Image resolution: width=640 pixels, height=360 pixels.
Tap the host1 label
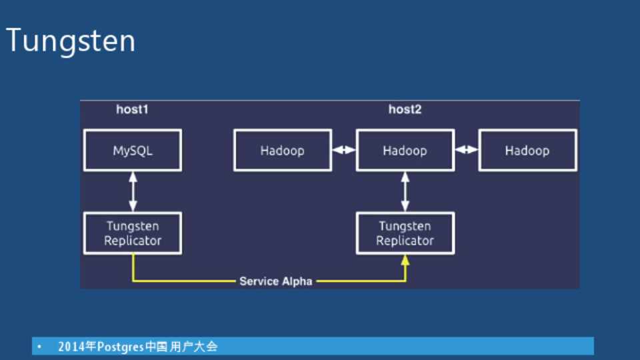(x=132, y=109)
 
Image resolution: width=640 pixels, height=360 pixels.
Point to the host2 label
(x=405, y=109)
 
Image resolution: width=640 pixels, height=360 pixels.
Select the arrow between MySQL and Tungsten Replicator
(x=133, y=191)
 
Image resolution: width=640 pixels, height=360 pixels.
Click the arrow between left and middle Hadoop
(x=344, y=150)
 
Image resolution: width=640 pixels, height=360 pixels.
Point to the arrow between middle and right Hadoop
(x=467, y=150)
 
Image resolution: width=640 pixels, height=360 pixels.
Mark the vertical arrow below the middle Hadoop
(x=405, y=191)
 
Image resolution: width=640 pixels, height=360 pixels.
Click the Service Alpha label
(x=276, y=281)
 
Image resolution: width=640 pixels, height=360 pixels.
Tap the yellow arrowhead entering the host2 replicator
(x=405, y=260)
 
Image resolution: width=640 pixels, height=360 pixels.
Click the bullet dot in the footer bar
(x=39, y=347)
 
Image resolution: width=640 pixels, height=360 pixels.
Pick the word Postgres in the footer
(x=121, y=347)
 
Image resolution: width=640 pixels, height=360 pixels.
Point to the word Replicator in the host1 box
(x=133, y=241)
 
